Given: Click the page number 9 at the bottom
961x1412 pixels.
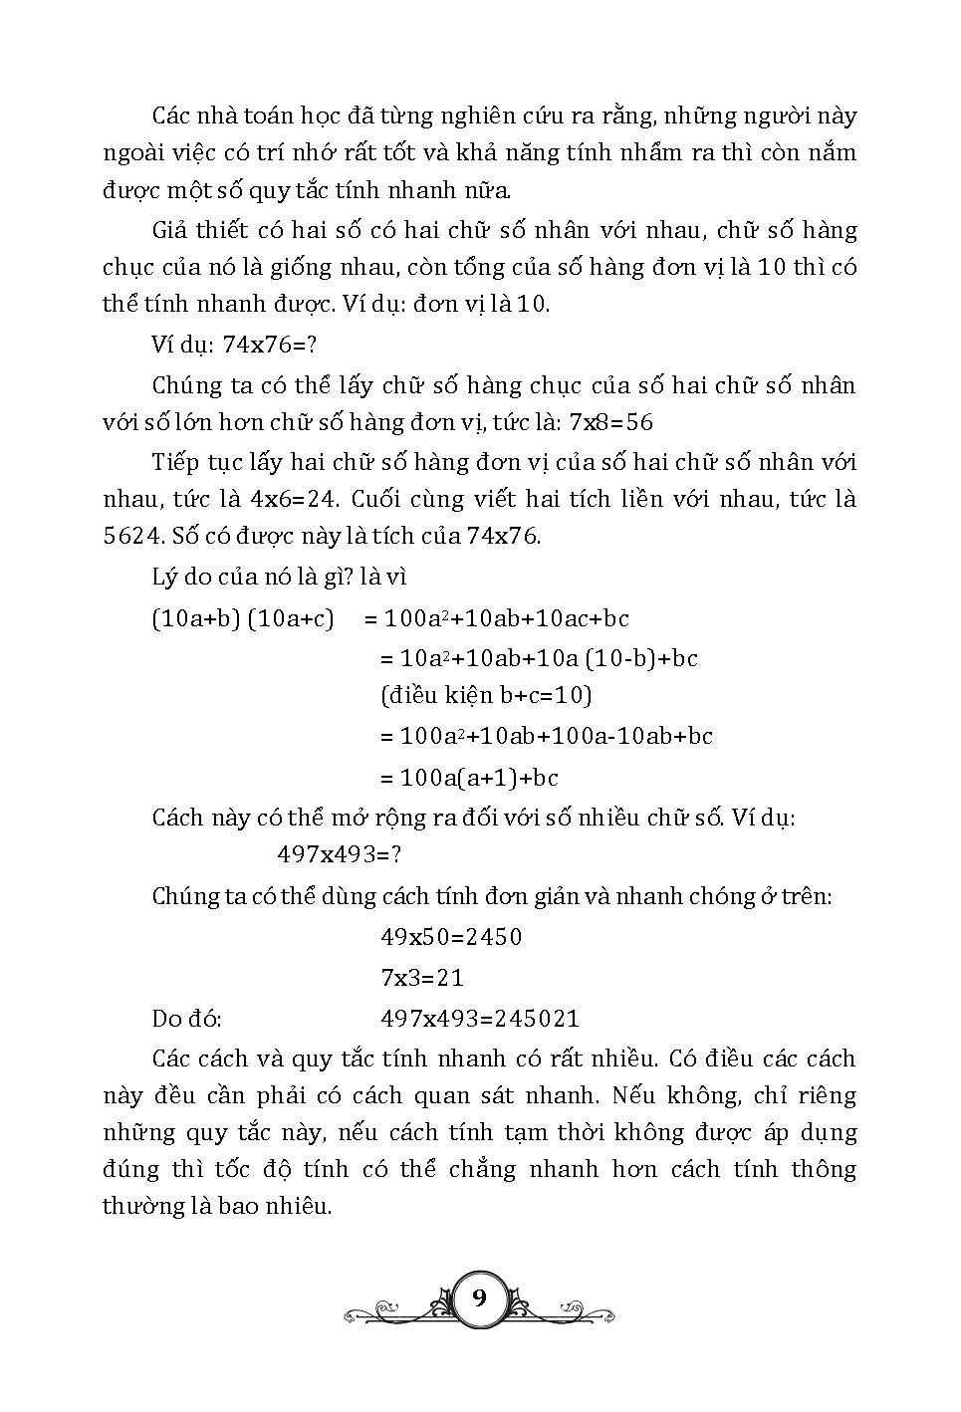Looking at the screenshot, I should point(480,1297).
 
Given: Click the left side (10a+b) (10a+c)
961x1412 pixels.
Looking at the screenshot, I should point(243,618).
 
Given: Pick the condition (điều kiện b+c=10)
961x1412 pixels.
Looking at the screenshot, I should point(486,695).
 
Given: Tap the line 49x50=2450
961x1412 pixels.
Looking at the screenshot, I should point(451,937).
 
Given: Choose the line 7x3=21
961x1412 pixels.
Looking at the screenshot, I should point(422,978).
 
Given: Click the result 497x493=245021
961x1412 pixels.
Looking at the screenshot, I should point(480,1019).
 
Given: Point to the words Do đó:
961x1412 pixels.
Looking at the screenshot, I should point(186,1019).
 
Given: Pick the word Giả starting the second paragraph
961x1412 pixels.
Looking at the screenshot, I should point(172,231).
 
